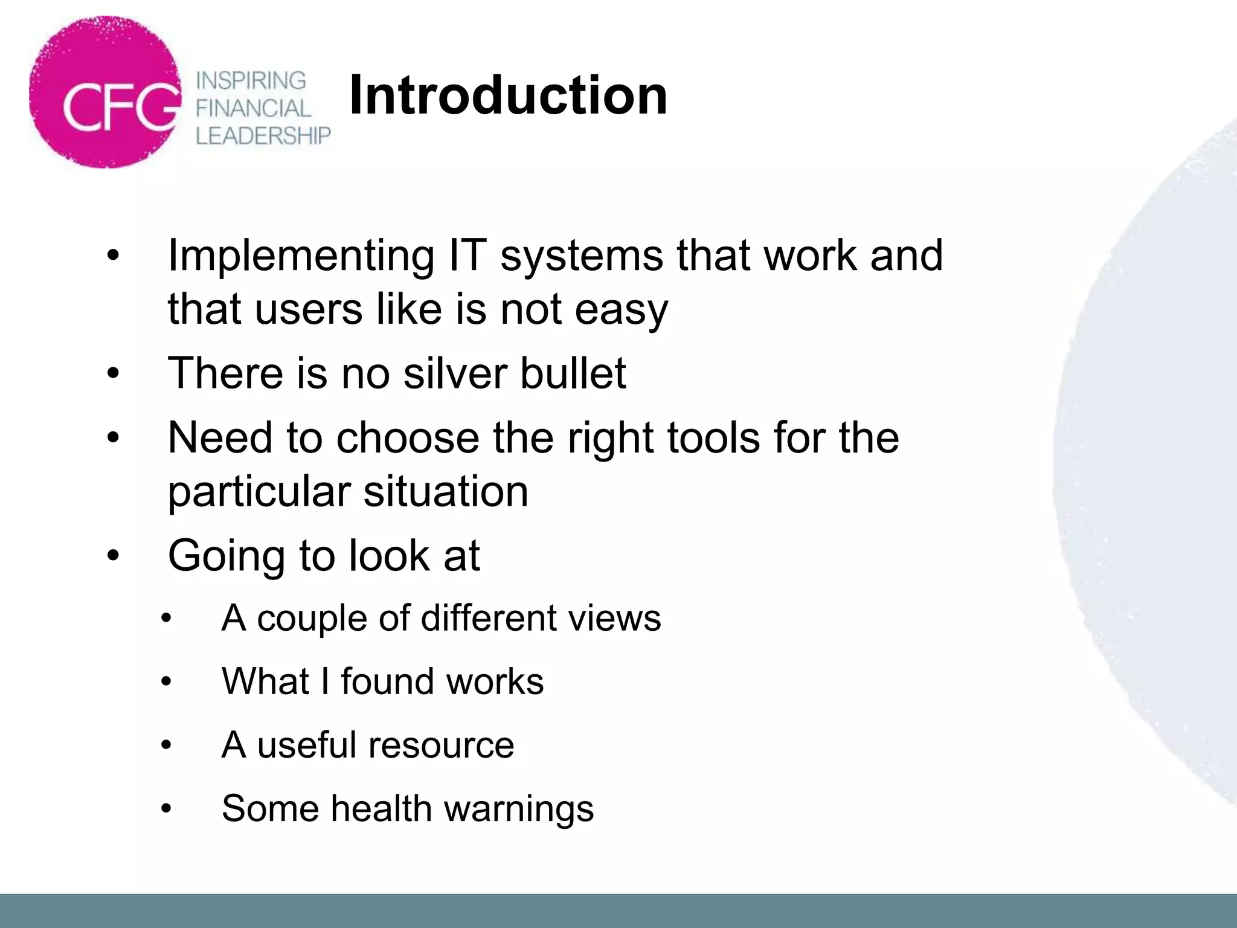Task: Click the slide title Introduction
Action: pyautogui.click(x=508, y=95)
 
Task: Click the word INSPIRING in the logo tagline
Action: pyautogui.click(x=251, y=80)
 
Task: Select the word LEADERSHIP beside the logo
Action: pyautogui.click(x=263, y=136)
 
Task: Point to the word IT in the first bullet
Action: pyautogui.click(x=467, y=255)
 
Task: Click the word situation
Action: pyautogui.click(x=446, y=491)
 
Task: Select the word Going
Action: pyautogui.click(x=227, y=556)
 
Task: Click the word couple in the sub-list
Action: pyautogui.click(x=312, y=619)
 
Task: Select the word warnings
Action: pyautogui.click(x=519, y=809)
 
